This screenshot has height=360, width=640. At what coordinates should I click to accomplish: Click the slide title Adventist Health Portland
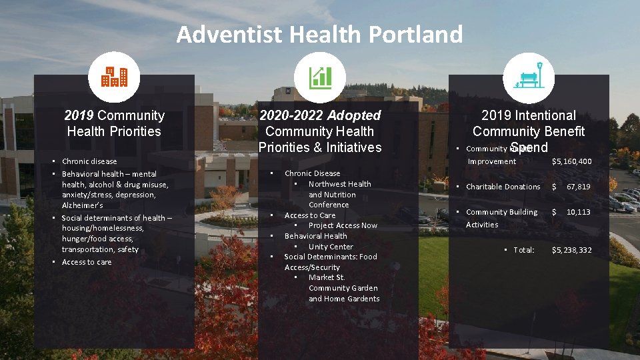(x=319, y=34)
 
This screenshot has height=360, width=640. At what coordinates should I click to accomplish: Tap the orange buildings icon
(x=114, y=78)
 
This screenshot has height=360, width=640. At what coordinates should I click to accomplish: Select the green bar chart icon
(x=320, y=78)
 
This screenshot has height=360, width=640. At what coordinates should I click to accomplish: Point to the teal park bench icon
(x=529, y=77)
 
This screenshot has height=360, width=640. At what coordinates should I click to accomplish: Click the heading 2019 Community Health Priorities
(x=114, y=123)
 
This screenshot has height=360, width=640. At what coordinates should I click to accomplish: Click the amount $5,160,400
(x=571, y=161)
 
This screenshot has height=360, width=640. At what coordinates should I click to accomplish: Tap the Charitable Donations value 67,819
(x=578, y=187)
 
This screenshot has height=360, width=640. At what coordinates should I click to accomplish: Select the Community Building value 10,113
(x=578, y=212)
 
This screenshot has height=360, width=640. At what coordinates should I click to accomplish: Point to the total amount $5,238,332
(x=571, y=250)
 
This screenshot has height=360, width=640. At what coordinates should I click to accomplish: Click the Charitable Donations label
(x=503, y=187)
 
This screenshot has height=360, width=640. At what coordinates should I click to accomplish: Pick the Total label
(x=524, y=250)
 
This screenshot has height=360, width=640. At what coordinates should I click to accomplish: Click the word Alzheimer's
(x=82, y=205)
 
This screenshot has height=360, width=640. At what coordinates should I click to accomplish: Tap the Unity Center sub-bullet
(x=331, y=247)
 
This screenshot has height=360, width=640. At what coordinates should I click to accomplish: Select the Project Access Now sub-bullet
(x=343, y=225)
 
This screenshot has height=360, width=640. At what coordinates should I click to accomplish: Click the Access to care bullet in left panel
(x=87, y=262)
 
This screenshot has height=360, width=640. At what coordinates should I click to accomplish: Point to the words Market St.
(x=327, y=277)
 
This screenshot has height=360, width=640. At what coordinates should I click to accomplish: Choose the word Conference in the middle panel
(x=328, y=205)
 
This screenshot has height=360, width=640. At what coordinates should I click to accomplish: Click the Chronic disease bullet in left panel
(x=89, y=161)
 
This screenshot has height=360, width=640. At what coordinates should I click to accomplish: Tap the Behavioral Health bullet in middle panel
(x=315, y=236)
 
